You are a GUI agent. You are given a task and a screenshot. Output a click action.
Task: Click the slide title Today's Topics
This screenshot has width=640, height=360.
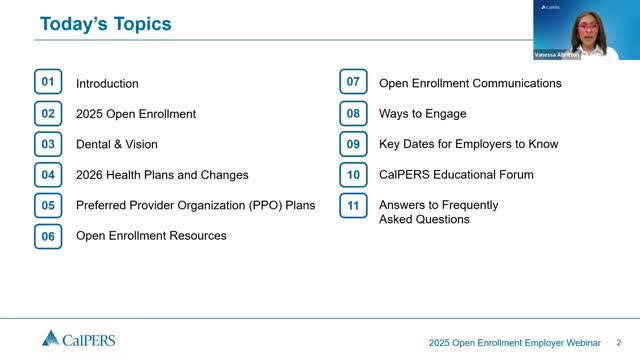[105, 23]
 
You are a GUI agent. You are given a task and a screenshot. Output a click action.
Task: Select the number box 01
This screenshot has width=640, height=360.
[48, 83]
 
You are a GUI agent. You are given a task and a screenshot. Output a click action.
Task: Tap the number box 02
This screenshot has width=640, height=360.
[48, 114]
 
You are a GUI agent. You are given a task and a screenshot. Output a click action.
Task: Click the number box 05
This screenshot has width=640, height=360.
[48, 205]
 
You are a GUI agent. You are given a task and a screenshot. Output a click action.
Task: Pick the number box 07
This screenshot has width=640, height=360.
[353, 83]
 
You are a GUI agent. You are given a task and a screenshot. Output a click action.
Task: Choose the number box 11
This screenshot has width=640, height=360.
[353, 205]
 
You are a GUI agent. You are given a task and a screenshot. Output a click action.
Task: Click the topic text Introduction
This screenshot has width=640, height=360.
[107, 84]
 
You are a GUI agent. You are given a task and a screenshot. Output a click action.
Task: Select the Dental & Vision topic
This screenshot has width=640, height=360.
[116, 145]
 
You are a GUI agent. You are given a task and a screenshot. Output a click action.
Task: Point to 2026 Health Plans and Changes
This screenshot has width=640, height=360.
[162, 175]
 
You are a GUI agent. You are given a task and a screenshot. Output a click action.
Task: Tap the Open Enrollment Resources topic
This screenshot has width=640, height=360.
[151, 236]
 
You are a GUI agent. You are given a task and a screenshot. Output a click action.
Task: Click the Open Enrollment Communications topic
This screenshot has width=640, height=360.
[470, 84]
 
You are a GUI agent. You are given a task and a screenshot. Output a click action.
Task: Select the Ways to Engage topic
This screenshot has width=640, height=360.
[422, 114]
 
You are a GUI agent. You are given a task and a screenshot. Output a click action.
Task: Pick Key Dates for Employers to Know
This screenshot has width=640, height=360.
[468, 145]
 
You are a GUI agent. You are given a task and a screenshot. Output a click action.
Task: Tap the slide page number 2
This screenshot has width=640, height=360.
[619, 341]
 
